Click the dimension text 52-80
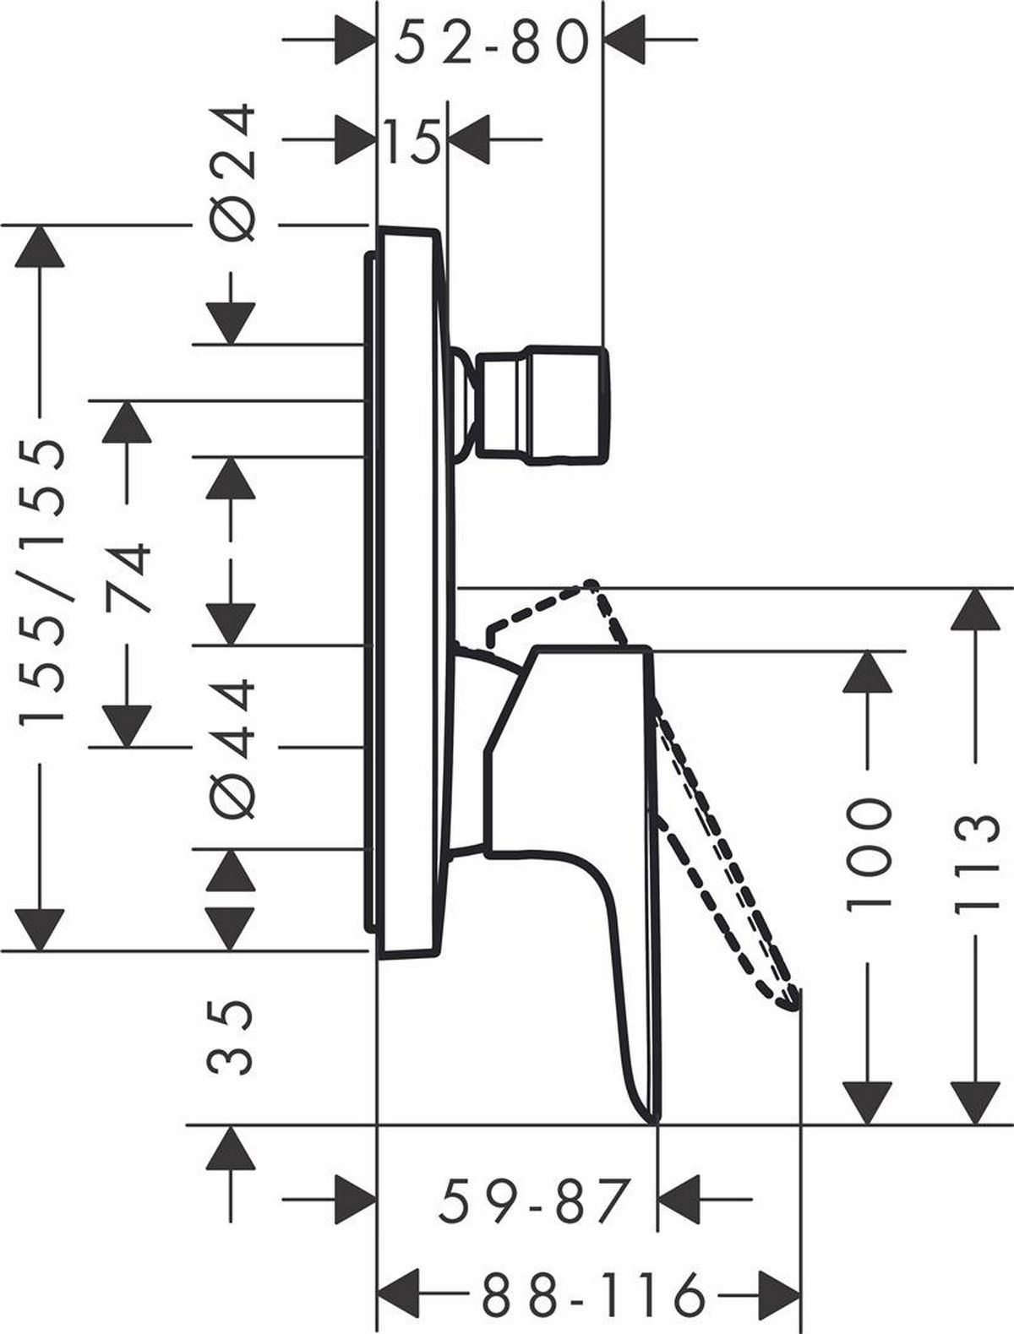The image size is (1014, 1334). tap(491, 42)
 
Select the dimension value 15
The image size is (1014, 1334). tap(412, 141)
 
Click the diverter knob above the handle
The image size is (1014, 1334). tap(542, 406)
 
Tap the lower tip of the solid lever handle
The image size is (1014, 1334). tap(654, 1120)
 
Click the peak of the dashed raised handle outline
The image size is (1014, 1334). tap(591, 584)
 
